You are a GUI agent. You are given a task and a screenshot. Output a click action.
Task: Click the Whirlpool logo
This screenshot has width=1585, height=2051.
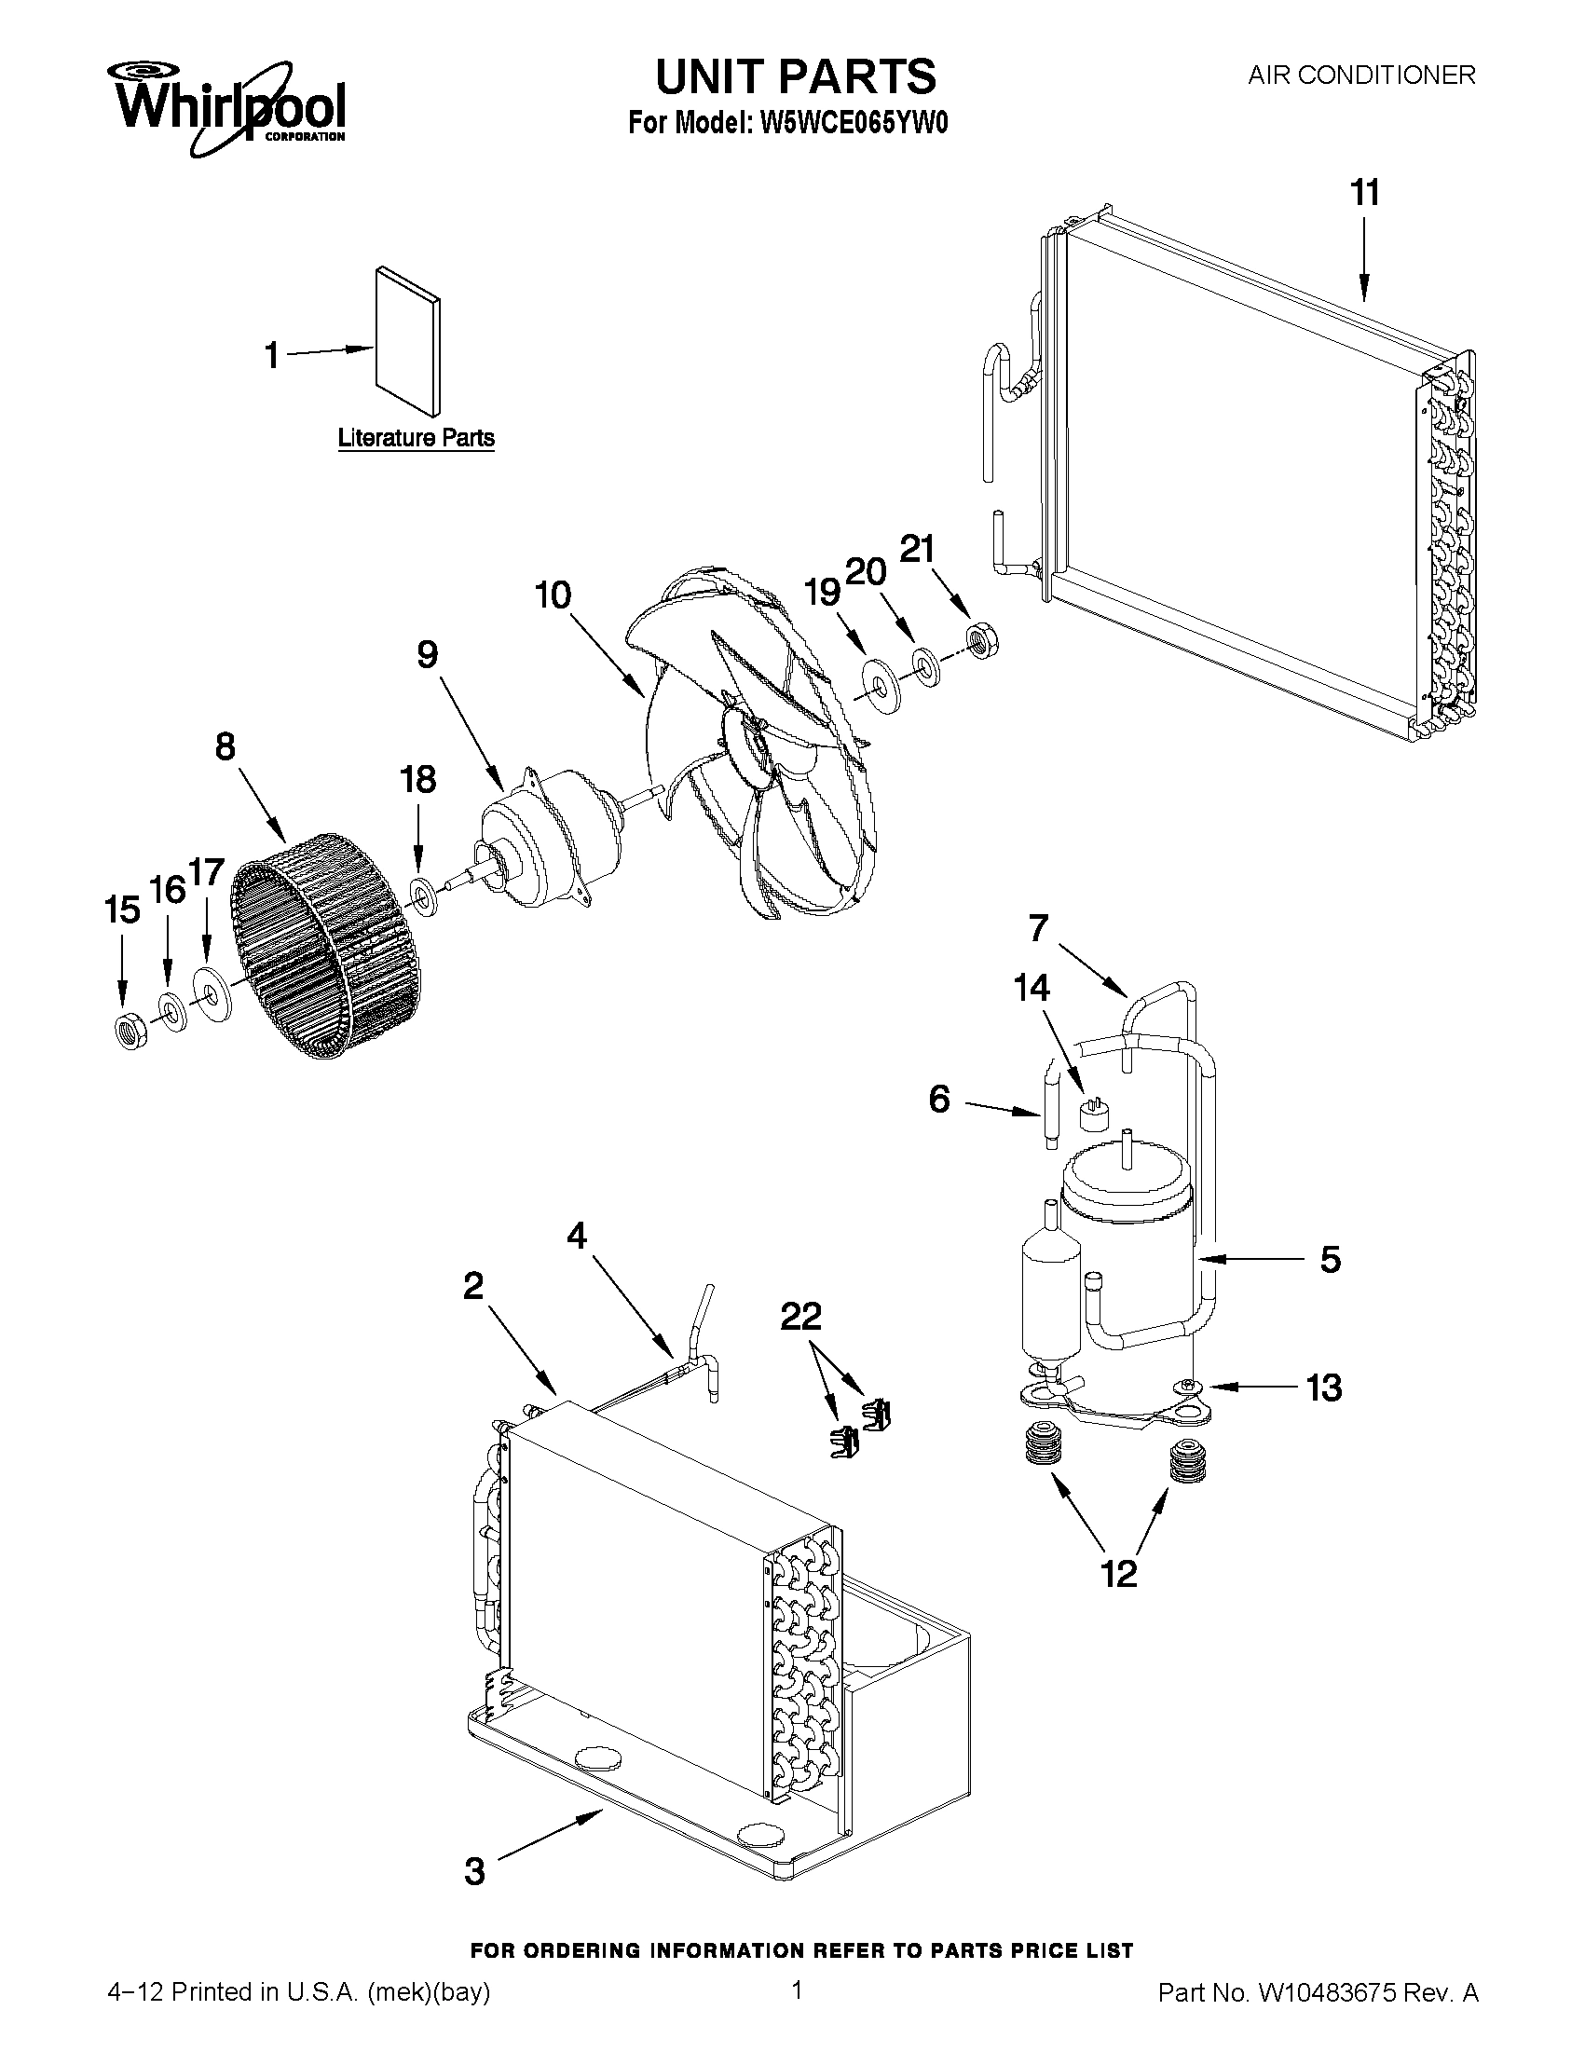229,108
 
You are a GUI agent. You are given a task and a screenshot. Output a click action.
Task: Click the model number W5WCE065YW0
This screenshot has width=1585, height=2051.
852,125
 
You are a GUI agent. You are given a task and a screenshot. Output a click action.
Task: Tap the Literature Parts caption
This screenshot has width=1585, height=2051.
416,438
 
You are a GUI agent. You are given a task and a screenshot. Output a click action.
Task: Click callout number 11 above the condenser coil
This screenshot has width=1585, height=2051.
1364,193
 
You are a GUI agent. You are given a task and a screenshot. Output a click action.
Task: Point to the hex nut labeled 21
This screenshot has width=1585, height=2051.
982,642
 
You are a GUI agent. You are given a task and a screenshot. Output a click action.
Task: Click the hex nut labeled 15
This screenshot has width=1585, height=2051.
129,1031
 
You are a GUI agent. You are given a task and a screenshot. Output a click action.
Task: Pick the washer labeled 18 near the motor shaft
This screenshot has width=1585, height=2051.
423,896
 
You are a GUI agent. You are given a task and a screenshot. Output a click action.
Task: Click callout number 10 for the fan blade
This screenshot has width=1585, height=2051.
553,595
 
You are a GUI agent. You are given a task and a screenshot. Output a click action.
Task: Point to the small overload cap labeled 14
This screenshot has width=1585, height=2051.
1093,1114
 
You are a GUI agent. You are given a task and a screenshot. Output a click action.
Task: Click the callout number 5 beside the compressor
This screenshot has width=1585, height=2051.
1330,1259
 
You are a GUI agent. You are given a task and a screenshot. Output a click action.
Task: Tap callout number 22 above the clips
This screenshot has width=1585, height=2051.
801,1316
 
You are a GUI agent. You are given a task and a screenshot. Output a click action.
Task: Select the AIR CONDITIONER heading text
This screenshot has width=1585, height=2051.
1360,75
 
